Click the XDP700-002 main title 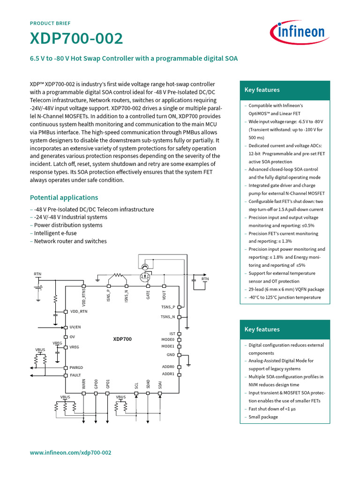76,39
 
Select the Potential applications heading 64,197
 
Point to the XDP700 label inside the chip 122,338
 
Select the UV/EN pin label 75,327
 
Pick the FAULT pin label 75,375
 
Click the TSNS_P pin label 167,307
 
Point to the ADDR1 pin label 168,374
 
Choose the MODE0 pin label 168,339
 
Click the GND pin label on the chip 171,355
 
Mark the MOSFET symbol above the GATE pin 145,276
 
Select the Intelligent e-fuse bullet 55,233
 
